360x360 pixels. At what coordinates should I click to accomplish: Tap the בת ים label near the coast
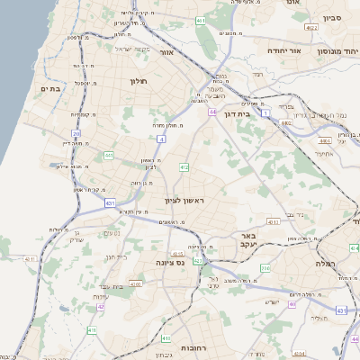[49, 88]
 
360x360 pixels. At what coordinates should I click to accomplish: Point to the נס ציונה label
[168, 262]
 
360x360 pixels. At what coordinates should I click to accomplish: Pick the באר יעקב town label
[248, 239]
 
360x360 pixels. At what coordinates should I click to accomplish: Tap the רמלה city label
[324, 263]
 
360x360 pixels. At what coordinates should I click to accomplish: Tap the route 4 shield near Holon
[161, 139]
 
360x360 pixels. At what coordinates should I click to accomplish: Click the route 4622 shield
[312, 29]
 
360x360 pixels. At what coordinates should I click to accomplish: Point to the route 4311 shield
[30, 259]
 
